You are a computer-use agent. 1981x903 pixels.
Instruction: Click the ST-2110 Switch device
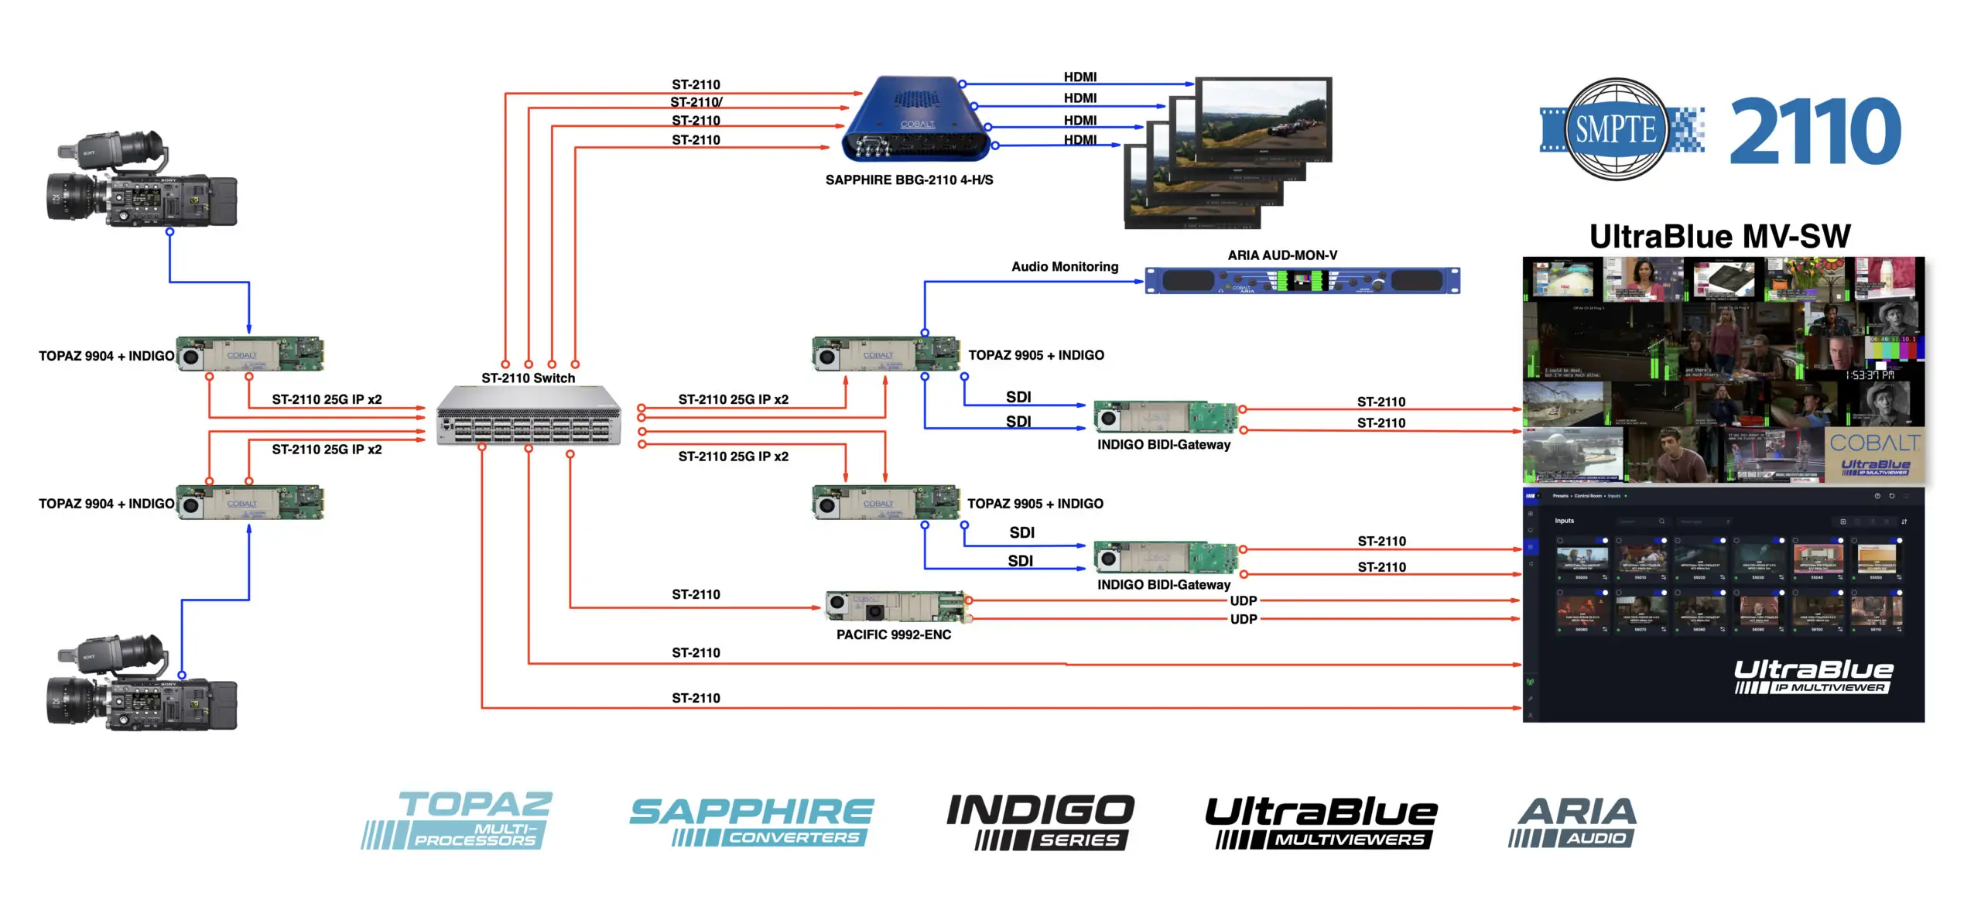529,417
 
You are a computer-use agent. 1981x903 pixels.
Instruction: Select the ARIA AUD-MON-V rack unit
1302,281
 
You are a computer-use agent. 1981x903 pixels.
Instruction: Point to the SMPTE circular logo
1616,129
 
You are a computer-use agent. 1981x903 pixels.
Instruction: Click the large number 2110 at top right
1814,131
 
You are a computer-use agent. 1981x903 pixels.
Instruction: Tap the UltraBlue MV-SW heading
1719,237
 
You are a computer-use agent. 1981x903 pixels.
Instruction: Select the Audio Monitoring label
1064,267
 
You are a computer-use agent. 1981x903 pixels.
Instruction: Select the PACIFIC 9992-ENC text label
893,634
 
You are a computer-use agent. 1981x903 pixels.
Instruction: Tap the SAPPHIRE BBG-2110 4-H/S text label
908,180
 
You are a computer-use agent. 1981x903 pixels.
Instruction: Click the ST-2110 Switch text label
528,378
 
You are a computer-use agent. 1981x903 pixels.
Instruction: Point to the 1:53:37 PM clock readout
1869,375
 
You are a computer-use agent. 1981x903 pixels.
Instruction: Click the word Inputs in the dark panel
1564,521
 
